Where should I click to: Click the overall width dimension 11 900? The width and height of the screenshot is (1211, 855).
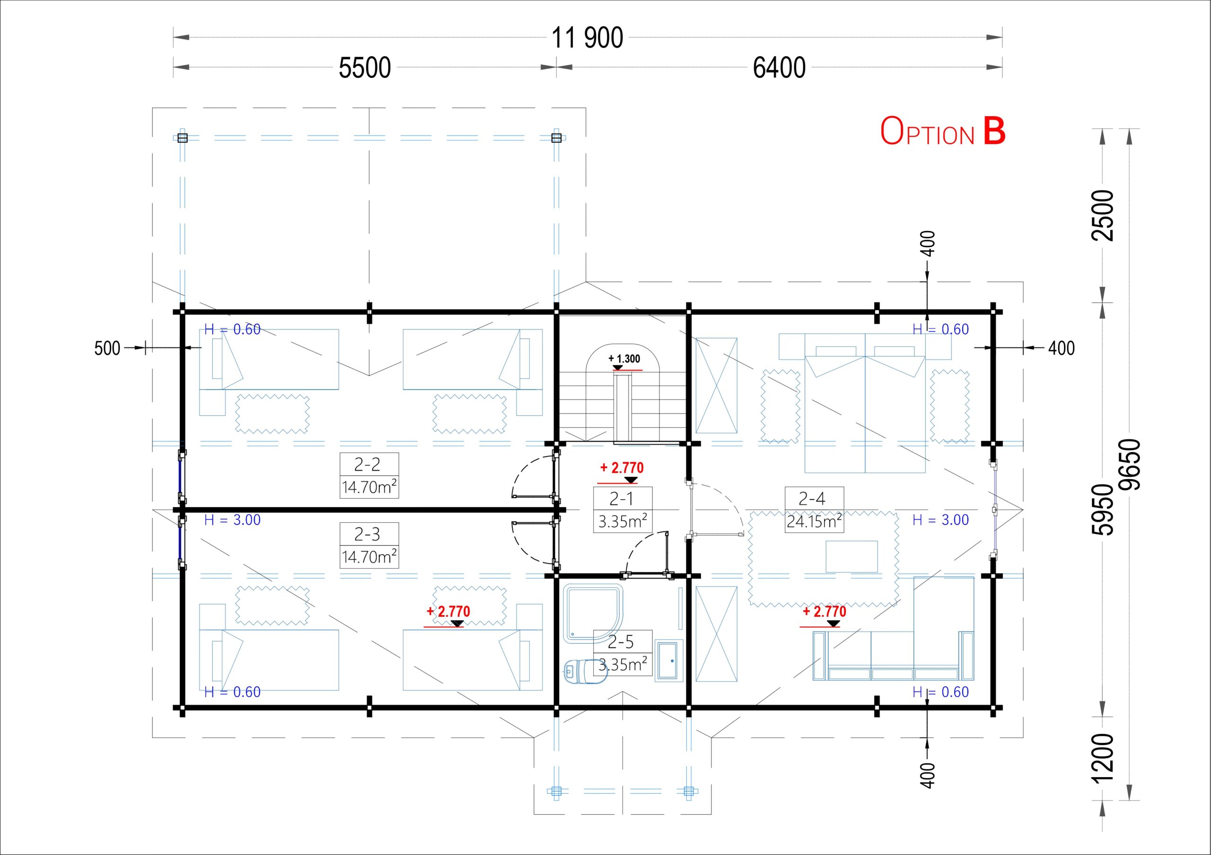click(x=587, y=38)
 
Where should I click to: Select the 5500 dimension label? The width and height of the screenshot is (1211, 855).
click(x=364, y=68)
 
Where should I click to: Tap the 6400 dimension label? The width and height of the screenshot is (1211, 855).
click(x=779, y=68)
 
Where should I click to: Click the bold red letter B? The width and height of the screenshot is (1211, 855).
click(x=994, y=131)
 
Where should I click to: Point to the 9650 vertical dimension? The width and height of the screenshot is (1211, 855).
click(x=1130, y=465)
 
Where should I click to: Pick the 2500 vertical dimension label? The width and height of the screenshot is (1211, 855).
click(x=1103, y=215)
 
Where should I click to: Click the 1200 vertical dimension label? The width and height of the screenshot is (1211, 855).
click(x=1103, y=758)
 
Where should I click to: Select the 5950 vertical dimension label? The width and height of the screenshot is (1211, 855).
click(x=1103, y=510)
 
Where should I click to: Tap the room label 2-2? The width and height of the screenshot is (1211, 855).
click(x=367, y=465)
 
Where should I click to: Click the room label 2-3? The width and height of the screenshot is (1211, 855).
click(x=367, y=535)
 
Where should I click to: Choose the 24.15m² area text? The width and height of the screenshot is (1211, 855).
click(x=814, y=521)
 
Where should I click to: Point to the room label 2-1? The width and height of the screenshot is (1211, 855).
click(x=621, y=499)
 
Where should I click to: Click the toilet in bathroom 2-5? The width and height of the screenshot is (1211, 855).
click(x=586, y=672)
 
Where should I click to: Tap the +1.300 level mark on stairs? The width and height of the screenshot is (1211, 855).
click(x=624, y=359)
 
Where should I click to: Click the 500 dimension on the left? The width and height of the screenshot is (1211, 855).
click(x=107, y=348)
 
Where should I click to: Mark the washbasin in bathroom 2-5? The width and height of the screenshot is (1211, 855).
click(x=669, y=660)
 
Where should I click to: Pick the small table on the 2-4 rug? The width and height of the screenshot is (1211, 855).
click(x=851, y=557)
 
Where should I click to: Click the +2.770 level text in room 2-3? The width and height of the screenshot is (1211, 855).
click(x=448, y=612)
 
